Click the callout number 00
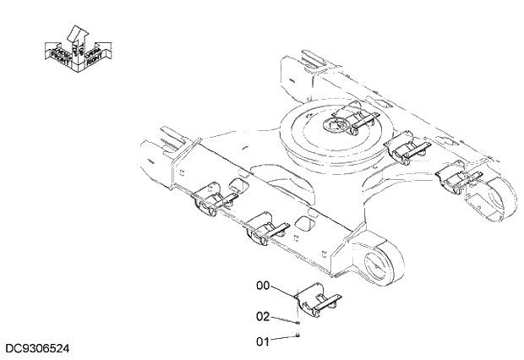click(x=263, y=286)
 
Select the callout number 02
click(x=263, y=316)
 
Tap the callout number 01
click(x=263, y=341)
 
